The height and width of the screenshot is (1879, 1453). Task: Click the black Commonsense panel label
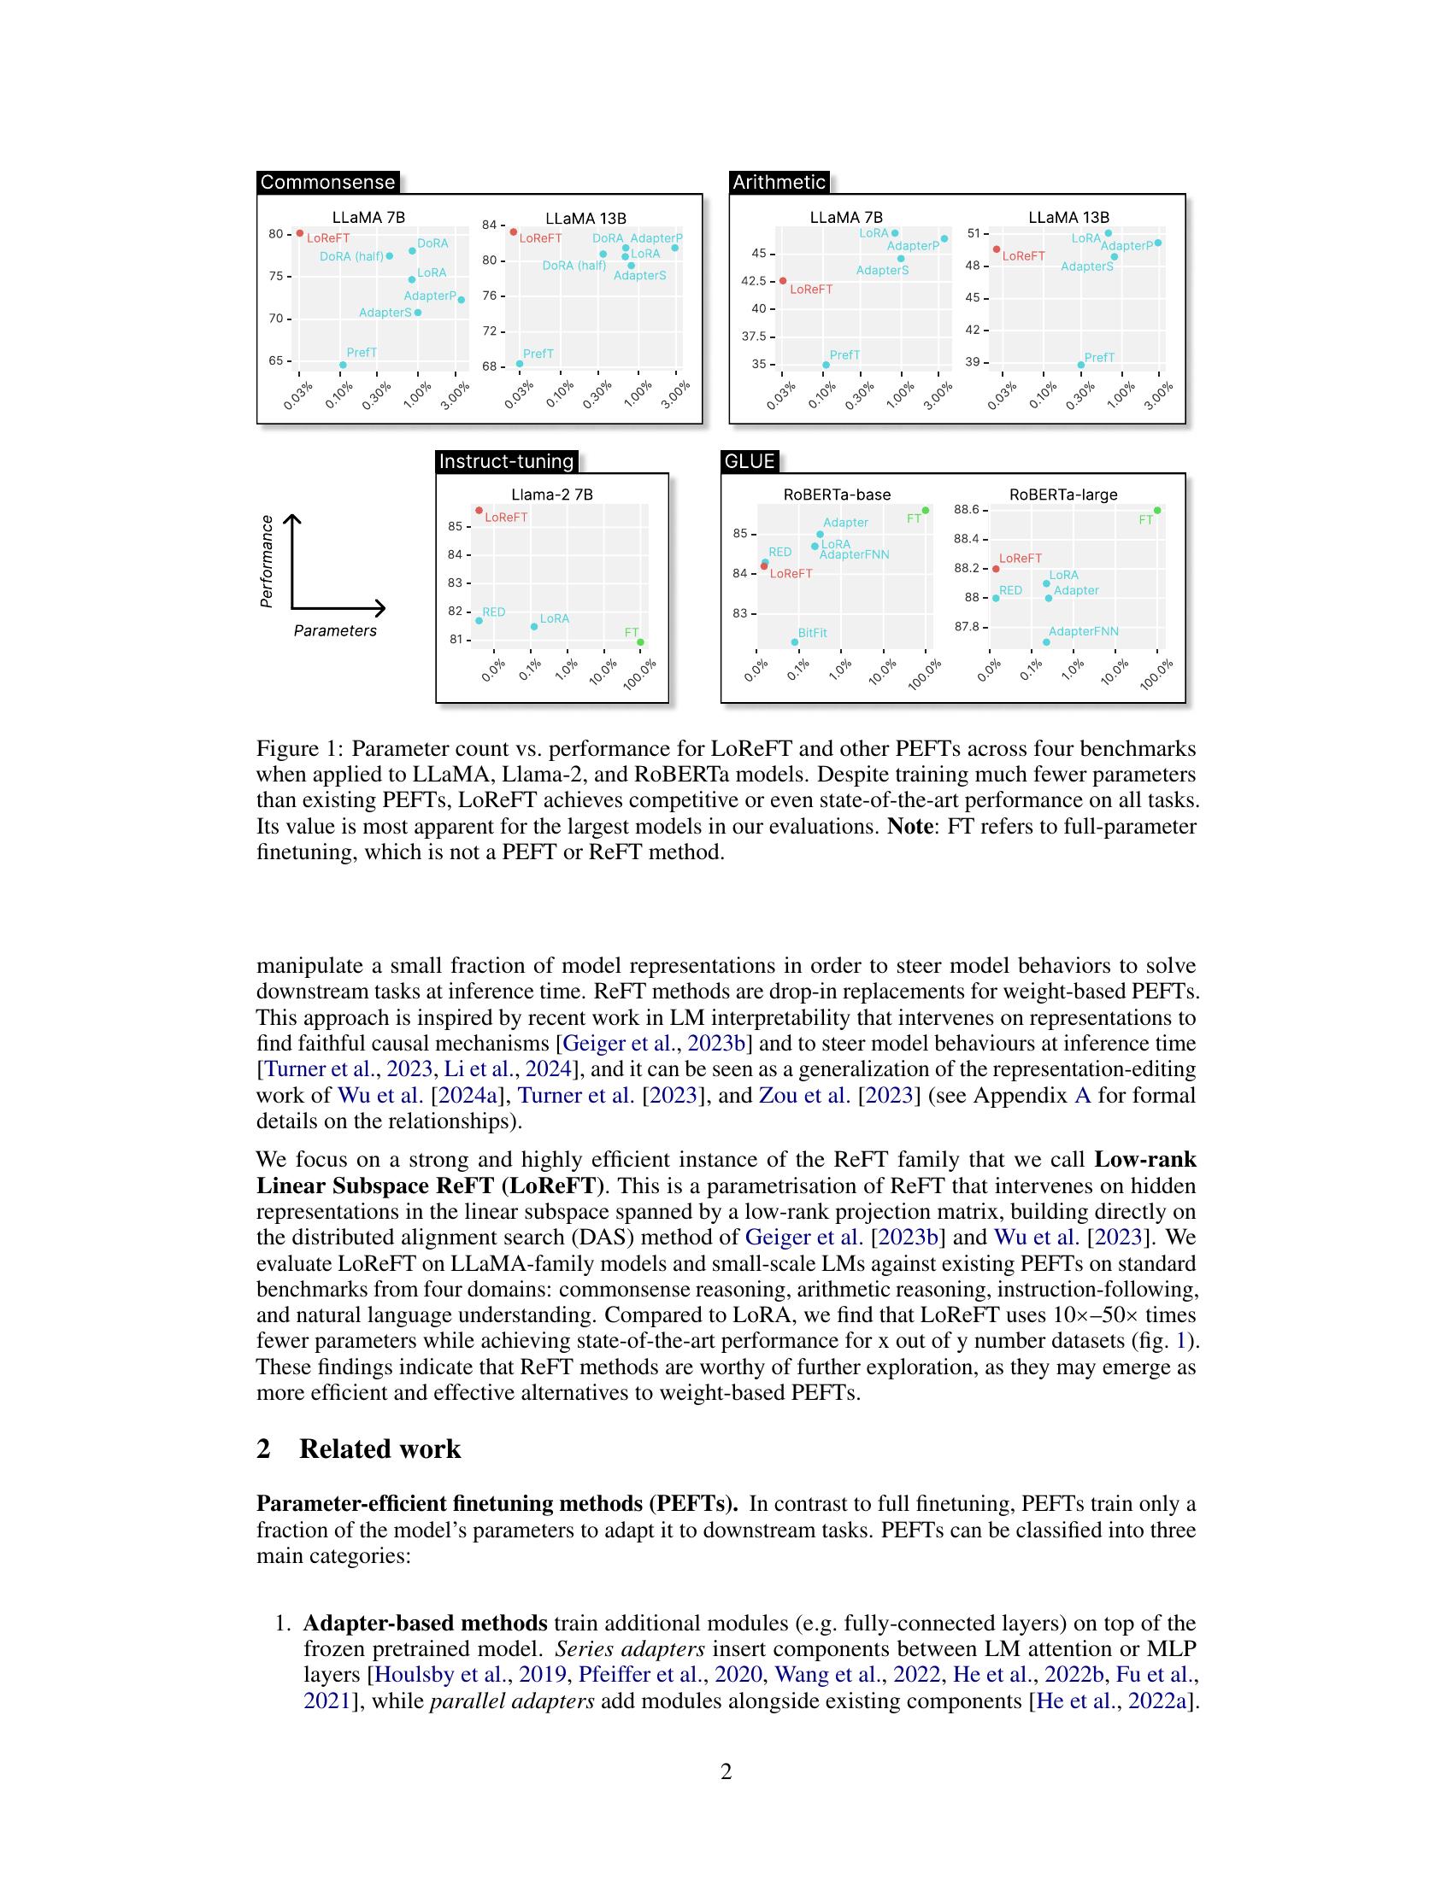[327, 183]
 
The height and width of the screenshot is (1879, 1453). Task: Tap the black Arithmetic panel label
[778, 183]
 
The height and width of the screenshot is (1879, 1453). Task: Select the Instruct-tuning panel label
[506, 461]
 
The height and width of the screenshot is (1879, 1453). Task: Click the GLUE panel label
[749, 461]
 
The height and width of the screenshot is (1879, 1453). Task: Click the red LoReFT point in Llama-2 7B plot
[479, 511]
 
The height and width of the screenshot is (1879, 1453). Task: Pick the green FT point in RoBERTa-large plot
[1157, 510]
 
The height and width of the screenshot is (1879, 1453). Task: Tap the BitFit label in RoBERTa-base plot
[812, 632]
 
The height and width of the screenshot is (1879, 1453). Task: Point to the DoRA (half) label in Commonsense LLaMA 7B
[351, 256]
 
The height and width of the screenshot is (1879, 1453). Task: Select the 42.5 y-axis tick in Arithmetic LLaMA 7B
[753, 280]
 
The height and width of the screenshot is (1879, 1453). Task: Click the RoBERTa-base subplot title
[837, 495]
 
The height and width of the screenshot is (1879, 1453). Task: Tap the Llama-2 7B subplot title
[552, 495]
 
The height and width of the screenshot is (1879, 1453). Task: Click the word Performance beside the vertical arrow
[267, 561]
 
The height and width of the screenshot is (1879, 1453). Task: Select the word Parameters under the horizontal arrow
[335, 630]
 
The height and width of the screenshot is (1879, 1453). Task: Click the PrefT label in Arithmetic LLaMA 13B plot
[1098, 357]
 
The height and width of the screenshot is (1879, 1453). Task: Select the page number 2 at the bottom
[726, 1771]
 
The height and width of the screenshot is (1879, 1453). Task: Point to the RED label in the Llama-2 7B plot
[493, 612]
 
